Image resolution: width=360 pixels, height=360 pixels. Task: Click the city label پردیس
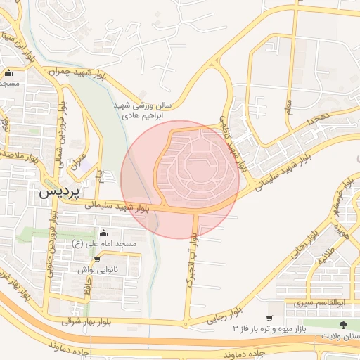tap(58, 191)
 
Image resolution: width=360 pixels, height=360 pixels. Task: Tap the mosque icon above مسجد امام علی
tap(105, 233)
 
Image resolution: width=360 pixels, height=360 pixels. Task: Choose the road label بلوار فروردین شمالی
tap(63, 134)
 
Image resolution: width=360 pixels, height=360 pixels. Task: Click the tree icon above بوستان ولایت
tap(343, 325)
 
